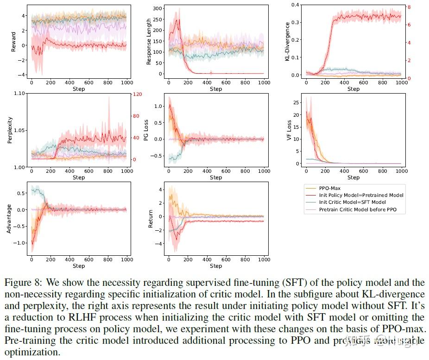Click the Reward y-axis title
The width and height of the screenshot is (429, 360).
coord(13,41)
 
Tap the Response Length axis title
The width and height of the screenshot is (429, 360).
coord(149,41)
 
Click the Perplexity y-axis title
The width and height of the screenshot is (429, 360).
coord(10,130)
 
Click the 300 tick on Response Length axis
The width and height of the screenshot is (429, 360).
coord(157,8)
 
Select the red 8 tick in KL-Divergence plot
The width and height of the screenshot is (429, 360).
coord(408,7)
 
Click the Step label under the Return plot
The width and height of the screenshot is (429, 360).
coord(215,266)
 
